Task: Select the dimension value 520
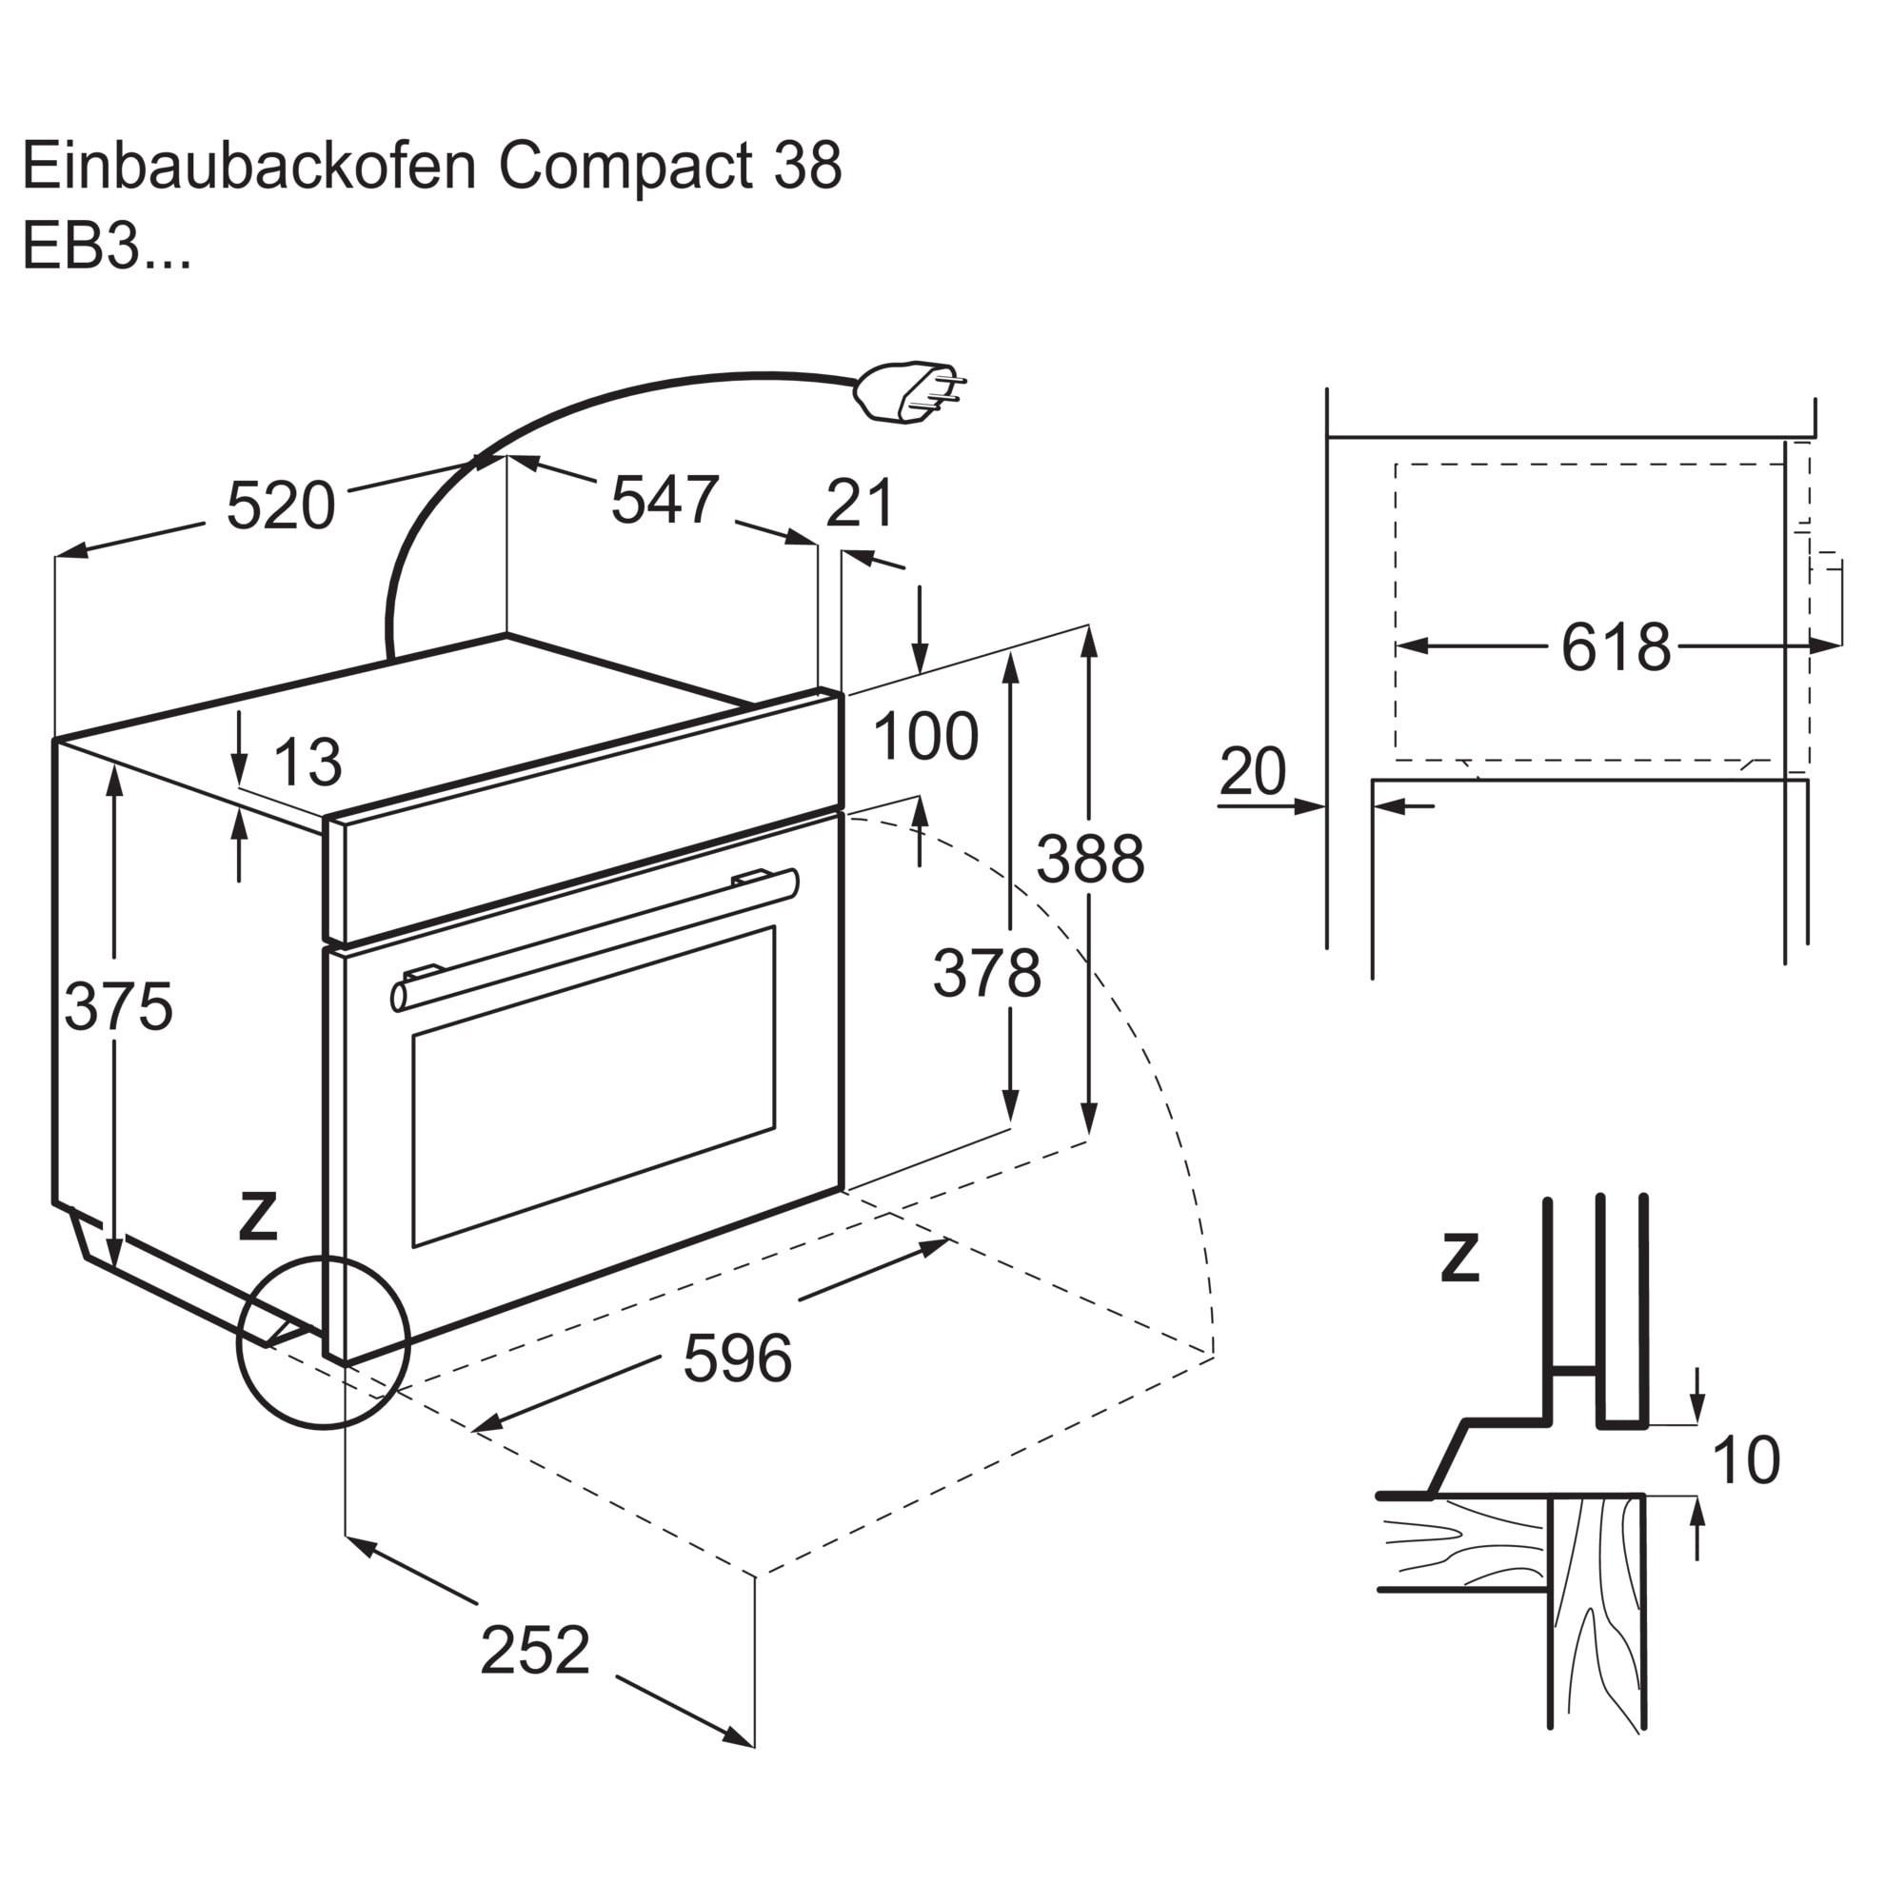click(281, 506)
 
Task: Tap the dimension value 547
click(665, 500)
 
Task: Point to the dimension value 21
click(860, 503)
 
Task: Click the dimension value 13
click(307, 762)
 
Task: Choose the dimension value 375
click(118, 1006)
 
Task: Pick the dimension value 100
click(924, 736)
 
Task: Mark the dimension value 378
click(986, 973)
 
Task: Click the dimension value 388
click(1090, 859)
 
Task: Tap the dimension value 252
click(535, 1650)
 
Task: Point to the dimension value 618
click(1616, 647)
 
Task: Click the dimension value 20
click(1253, 771)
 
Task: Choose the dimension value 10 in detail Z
click(1746, 1459)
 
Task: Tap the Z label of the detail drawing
click(1459, 1258)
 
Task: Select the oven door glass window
click(593, 1086)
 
